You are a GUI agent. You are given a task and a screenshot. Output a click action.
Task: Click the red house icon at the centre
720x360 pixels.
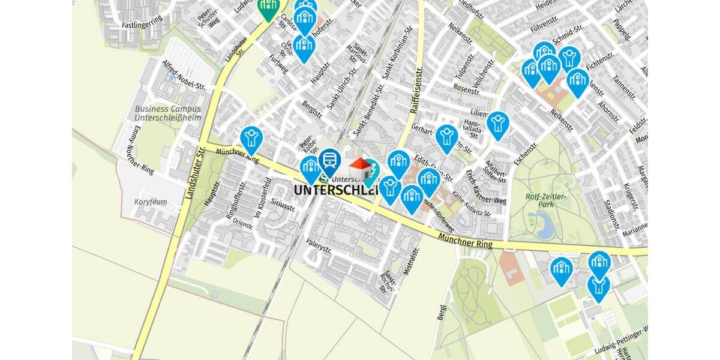[360, 169]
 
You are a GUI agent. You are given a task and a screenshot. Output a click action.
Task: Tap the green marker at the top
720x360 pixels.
[268, 7]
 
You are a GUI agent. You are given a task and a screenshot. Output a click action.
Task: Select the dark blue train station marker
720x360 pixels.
[329, 161]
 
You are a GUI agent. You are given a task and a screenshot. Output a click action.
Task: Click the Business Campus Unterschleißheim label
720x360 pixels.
[167, 113]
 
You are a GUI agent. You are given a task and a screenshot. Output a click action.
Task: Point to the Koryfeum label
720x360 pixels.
[151, 202]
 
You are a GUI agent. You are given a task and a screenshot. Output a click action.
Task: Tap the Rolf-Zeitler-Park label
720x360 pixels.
[546, 200]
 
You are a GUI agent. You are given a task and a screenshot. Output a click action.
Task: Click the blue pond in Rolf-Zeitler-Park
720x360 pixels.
[545, 227]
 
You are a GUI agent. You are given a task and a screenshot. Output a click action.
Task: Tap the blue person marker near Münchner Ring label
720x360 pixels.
[251, 139]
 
